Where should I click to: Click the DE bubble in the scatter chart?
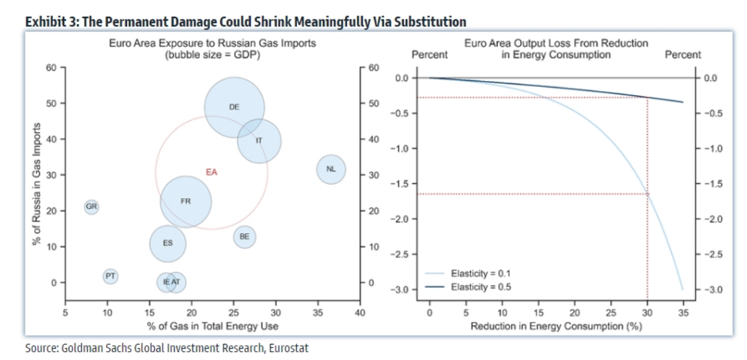coord(234,107)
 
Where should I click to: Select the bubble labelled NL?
coord(330,169)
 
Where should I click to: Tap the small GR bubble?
coord(92,207)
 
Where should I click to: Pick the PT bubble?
coord(110,276)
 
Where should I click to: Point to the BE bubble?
coord(244,236)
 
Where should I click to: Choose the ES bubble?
coord(168,244)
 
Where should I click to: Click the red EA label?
coord(211,172)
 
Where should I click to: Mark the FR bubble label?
coord(186,201)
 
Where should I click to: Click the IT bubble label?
coord(259,141)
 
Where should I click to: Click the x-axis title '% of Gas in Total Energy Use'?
coord(211,326)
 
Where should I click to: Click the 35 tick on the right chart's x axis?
coord(683,312)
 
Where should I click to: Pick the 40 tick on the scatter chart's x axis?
coord(360,312)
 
